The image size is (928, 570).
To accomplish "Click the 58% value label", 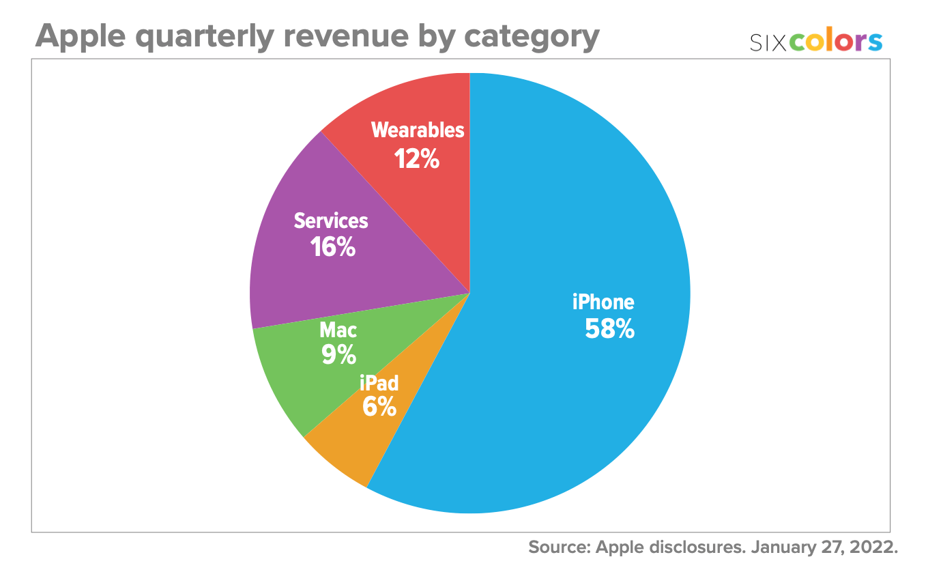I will [x=609, y=329].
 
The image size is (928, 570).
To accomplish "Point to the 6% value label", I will [x=379, y=407].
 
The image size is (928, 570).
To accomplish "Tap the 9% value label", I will [x=338, y=354].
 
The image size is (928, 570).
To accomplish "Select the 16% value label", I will [x=332, y=246].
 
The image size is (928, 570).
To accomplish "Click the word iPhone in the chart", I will [x=603, y=302].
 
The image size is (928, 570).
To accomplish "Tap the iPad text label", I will [x=379, y=382].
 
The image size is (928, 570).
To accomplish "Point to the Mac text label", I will [x=338, y=330].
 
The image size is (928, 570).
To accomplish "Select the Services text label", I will [x=331, y=221].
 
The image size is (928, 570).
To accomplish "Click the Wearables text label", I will [x=418, y=130].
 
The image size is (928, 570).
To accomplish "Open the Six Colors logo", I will [x=815, y=42].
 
